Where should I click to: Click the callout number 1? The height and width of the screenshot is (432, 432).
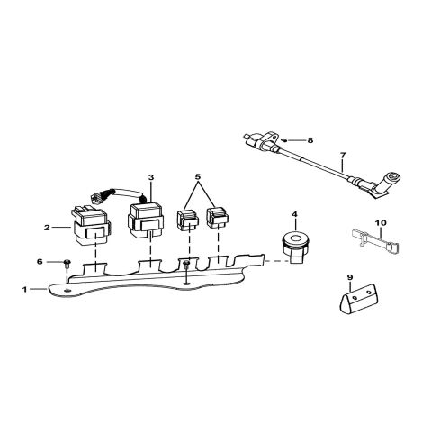25,290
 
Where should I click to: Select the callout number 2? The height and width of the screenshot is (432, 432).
47,228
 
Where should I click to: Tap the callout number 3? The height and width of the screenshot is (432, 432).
151,177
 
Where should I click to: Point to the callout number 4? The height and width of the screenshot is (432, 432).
294,214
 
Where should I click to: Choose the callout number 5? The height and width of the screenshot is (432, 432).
198,176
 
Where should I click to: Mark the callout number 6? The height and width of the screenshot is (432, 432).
40,262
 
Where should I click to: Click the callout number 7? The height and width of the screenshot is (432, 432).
343,155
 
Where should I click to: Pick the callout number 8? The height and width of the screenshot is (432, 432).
310,140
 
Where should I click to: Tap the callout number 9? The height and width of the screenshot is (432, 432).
350,277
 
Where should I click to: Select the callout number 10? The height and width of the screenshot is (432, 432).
381,223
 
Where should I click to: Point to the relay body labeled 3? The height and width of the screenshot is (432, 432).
146,220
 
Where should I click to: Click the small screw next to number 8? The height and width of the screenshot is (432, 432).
284,140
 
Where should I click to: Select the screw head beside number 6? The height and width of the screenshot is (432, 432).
67,263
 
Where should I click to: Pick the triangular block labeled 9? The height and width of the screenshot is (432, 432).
358,299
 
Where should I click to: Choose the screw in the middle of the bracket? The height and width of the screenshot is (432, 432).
186,264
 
